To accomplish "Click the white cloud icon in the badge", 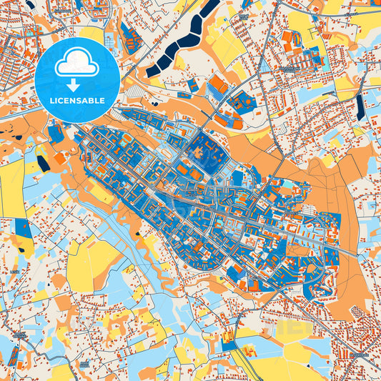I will (x=76, y=64).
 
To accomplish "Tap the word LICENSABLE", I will (x=76, y=101).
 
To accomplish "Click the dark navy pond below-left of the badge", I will (x=44, y=163).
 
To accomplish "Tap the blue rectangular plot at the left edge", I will (x=24, y=229).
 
